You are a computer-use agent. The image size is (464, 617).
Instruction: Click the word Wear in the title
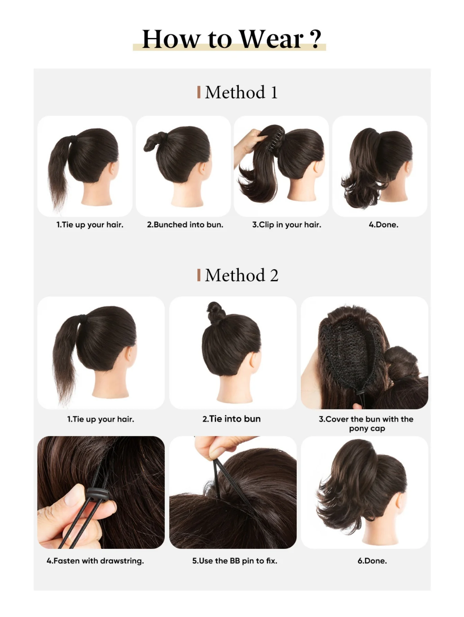pos(271,39)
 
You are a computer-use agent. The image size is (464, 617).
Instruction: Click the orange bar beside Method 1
pos(199,92)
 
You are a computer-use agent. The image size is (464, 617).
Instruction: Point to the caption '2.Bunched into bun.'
pos(185,225)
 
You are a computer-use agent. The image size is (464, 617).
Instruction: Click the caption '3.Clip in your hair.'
pos(287,225)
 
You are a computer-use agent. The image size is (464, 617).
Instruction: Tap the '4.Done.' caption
pos(384,225)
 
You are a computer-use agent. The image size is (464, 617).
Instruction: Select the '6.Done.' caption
pos(372,561)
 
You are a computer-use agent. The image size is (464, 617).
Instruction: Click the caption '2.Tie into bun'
pos(232,419)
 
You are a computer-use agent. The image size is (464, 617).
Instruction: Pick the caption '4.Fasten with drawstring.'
pos(95,561)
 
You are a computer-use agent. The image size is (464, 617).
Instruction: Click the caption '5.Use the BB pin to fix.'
pos(235,561)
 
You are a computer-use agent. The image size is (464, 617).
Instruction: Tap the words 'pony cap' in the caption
pos(367,429)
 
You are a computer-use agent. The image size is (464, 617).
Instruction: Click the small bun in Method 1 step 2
pos(153,142)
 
